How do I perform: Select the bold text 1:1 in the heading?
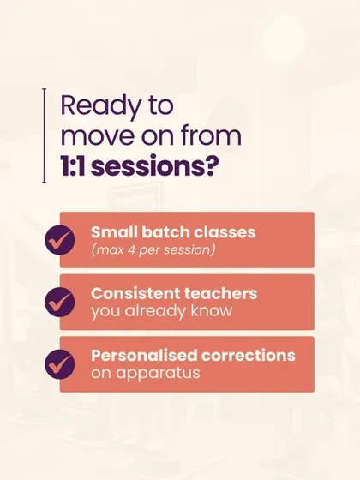pyautogui.click(x=73, y=166)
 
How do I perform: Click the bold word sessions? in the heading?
pyautogui.click(x=155, y=166)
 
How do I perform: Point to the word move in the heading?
pyautogui.click(x=99, y=136)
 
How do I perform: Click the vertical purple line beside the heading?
pyautogui.click(x=45, y=135)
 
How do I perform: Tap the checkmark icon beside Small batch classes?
pyautogui.click(x=60, y=240)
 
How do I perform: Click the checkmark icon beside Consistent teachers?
pyautogui.click(x=60, y=302)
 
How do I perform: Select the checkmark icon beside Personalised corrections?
pyautogui.click(x=60, y=364)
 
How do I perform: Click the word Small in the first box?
pyautogui.click(x=114, y=232)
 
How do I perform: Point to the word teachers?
pyautogui.click(x=220, y=293)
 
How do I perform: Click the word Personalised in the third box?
pyautogui.click(x=144, y=356)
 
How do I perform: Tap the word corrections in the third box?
pyautogui.click(x=249, y=356)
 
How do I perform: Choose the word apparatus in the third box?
pyautogui.click(x=158, y=374)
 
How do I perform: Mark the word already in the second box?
pyautogui.click(x=155, y=311)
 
